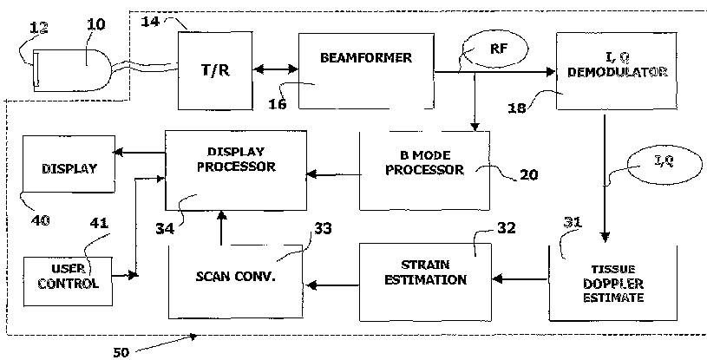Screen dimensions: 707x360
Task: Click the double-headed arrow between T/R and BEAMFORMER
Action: tap(276, 69)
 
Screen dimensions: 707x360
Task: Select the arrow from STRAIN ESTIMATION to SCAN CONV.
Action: tap(333, 285)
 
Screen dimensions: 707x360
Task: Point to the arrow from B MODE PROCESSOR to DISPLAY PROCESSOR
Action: tap(334, 174)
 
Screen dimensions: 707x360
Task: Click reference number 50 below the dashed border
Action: tap(121, 352)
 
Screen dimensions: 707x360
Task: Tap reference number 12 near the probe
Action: tap(39, 28)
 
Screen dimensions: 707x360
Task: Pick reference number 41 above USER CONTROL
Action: tap(99, 223)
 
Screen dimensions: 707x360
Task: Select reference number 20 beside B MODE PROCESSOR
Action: tap(529, 174)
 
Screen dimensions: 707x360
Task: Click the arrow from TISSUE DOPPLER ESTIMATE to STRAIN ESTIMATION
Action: tap(520, 279)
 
